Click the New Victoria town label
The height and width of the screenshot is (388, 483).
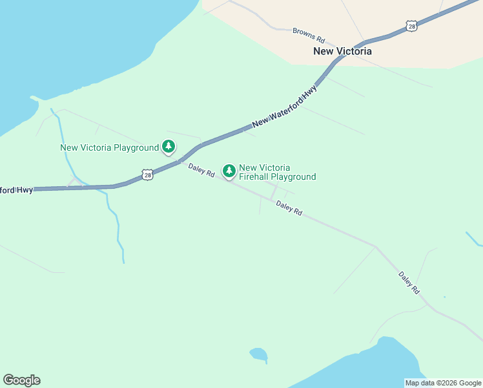(x=342, y=51)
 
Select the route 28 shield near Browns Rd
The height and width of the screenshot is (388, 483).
(x=411, y=25)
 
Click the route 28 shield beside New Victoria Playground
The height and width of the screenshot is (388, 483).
(x=148, y=175)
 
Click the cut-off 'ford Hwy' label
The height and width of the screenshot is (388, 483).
(x=16, y=190)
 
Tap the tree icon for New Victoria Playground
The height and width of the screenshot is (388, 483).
(x=169, y=147)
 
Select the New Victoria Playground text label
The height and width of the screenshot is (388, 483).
(x=109, y=147)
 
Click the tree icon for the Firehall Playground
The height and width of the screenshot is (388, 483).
(x=229, y=171)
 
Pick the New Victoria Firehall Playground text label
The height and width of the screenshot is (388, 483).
(x=277, y=172)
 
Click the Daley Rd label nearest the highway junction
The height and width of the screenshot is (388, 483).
(x=201, y=170)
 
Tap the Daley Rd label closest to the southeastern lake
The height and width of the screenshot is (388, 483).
(x=409, y=283)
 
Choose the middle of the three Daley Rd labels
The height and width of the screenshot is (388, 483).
(x=289, y=208)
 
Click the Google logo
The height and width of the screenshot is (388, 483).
(x=21, y=380)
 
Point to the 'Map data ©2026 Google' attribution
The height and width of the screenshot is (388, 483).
(x=443, y=383)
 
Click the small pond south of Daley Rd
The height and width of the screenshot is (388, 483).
(x=258, y=354)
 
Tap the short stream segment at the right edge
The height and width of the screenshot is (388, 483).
(x=474, y=239)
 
